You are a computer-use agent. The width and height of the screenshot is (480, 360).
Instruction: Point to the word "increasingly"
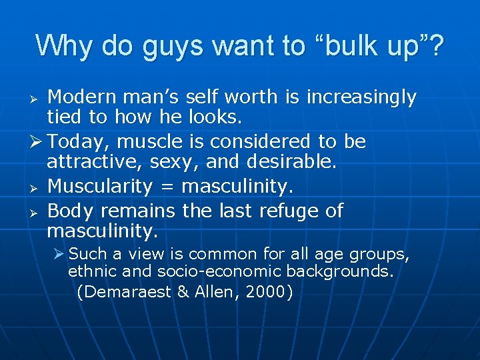[x=361, y=98]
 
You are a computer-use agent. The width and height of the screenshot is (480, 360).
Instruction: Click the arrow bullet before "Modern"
[x=38, y=99]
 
